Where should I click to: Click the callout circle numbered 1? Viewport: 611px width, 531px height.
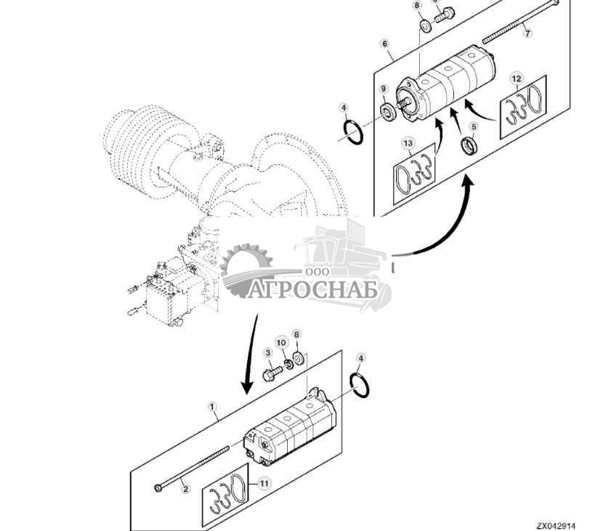coord(213,408)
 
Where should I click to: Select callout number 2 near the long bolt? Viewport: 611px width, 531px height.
coord(185,490)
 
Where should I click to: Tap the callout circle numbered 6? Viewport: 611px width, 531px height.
coord(384,44)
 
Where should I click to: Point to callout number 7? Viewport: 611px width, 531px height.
coord(527,34)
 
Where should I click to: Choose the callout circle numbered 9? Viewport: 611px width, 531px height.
coord(383,89)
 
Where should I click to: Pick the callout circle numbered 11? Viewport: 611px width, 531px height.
coord(264,482)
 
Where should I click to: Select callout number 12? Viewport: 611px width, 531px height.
coord(517,78)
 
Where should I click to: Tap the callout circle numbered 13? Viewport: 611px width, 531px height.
coord(409,144)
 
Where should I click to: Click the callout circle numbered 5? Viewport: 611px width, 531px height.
coord(474,126)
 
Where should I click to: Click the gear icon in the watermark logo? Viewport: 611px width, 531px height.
coord(245,270)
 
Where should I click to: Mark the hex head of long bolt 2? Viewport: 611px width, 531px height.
coord(158,487)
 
